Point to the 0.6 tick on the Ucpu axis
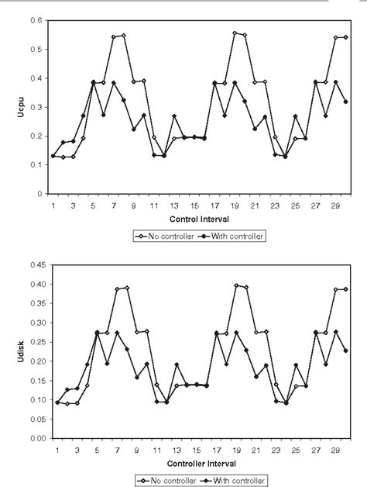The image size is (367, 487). point(36,20)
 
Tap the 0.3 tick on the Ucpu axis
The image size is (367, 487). point(36,107)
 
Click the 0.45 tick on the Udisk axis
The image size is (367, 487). point(33,264)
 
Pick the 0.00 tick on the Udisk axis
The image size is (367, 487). point(33,438)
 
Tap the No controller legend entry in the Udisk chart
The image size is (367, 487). point(163,481)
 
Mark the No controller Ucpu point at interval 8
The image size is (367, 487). point(123,36)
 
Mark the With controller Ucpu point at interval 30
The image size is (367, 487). point(345,102)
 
